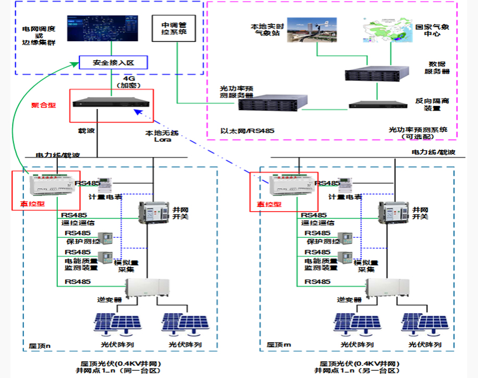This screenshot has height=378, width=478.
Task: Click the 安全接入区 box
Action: coord(113,63)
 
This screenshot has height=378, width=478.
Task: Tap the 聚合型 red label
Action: coord(43,105)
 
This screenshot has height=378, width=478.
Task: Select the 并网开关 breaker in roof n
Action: coord(154,213)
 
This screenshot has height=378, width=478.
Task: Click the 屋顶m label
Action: coord(278,345)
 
